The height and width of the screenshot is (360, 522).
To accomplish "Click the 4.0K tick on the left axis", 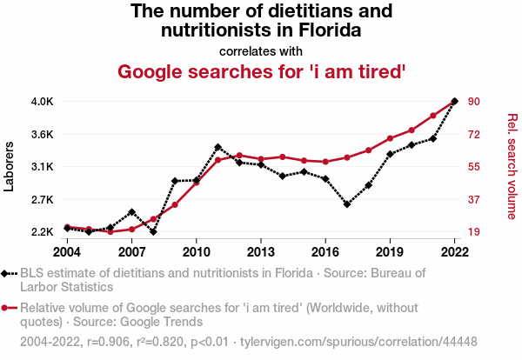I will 43,101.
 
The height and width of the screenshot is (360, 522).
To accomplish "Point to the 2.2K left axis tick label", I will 43,232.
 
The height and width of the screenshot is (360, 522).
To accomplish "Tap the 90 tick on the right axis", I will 474,101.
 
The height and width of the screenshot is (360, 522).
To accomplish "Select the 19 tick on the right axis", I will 474,232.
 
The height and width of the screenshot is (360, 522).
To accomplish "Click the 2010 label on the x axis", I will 197,252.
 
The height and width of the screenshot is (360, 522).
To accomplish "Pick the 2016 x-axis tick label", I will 325,252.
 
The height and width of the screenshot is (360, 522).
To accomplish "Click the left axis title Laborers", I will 10,165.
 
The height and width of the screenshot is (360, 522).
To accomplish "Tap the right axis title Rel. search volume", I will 512,165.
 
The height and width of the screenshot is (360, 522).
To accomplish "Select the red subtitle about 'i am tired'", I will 261,71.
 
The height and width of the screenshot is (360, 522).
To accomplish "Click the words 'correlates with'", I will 261,50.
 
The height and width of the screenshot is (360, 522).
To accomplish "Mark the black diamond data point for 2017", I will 347,204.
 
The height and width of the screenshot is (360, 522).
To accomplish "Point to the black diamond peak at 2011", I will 217,147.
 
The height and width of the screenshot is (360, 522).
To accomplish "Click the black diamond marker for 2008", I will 153,231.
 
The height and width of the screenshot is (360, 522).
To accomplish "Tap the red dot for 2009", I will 175,204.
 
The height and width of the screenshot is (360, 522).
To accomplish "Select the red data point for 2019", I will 390,138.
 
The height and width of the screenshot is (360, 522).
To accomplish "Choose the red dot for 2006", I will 110,231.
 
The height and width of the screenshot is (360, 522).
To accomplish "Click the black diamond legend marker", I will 6,273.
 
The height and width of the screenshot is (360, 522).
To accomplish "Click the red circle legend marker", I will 6,307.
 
